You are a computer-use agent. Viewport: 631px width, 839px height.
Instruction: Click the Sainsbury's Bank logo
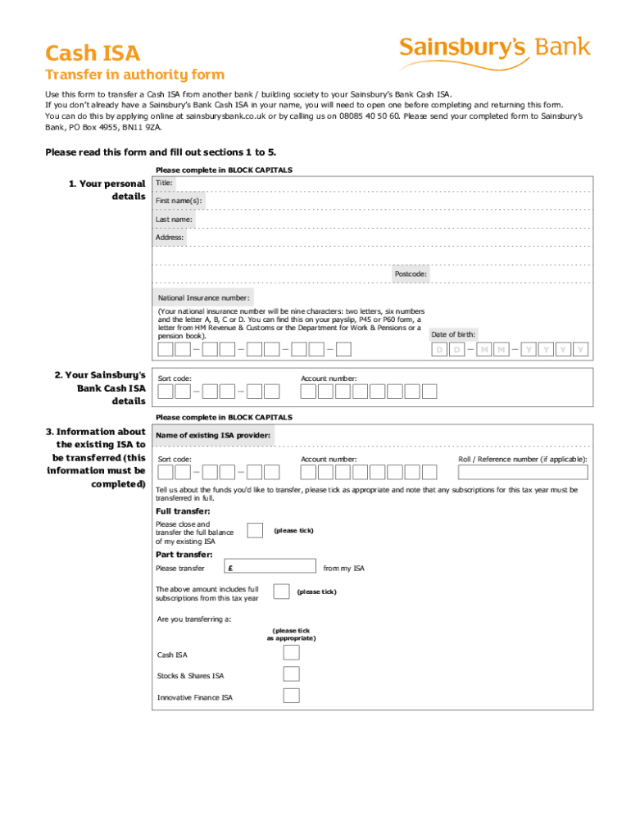click(x=494, y=48)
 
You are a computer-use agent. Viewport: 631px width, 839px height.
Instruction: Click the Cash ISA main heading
click(x=93, y=54)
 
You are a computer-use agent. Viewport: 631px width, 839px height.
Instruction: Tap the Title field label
click(x=165, y=183)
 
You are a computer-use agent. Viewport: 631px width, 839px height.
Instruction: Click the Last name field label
click(x=175, y=220)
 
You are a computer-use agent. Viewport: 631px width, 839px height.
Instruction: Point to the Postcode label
click(x=411, y=274)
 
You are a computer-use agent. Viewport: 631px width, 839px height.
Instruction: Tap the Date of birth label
click(x=453, y=334)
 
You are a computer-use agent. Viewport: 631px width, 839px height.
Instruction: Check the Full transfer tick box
click(x=255, y=531)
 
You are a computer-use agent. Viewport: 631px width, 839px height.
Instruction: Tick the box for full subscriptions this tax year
click(x=281, y=592)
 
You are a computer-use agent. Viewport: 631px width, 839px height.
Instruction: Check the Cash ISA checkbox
click(x=291, y=653)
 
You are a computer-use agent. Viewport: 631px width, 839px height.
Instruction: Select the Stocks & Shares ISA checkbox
click(x=291, y=674)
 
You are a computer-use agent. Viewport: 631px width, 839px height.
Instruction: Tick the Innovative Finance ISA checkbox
click(x=291, y=696)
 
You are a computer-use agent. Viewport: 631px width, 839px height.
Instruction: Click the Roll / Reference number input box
click(x=523, y=472)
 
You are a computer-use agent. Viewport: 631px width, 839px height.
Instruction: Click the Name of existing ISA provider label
click(x=213, y=436)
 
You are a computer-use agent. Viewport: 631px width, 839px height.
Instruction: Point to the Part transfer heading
click(x=184, y=555)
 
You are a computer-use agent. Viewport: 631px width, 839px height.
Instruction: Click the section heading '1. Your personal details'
click(x=107, y=190)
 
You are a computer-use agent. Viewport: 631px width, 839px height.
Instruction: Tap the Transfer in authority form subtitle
click(x=134, y=75)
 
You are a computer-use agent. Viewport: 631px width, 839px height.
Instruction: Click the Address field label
click(x=170, y=238)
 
